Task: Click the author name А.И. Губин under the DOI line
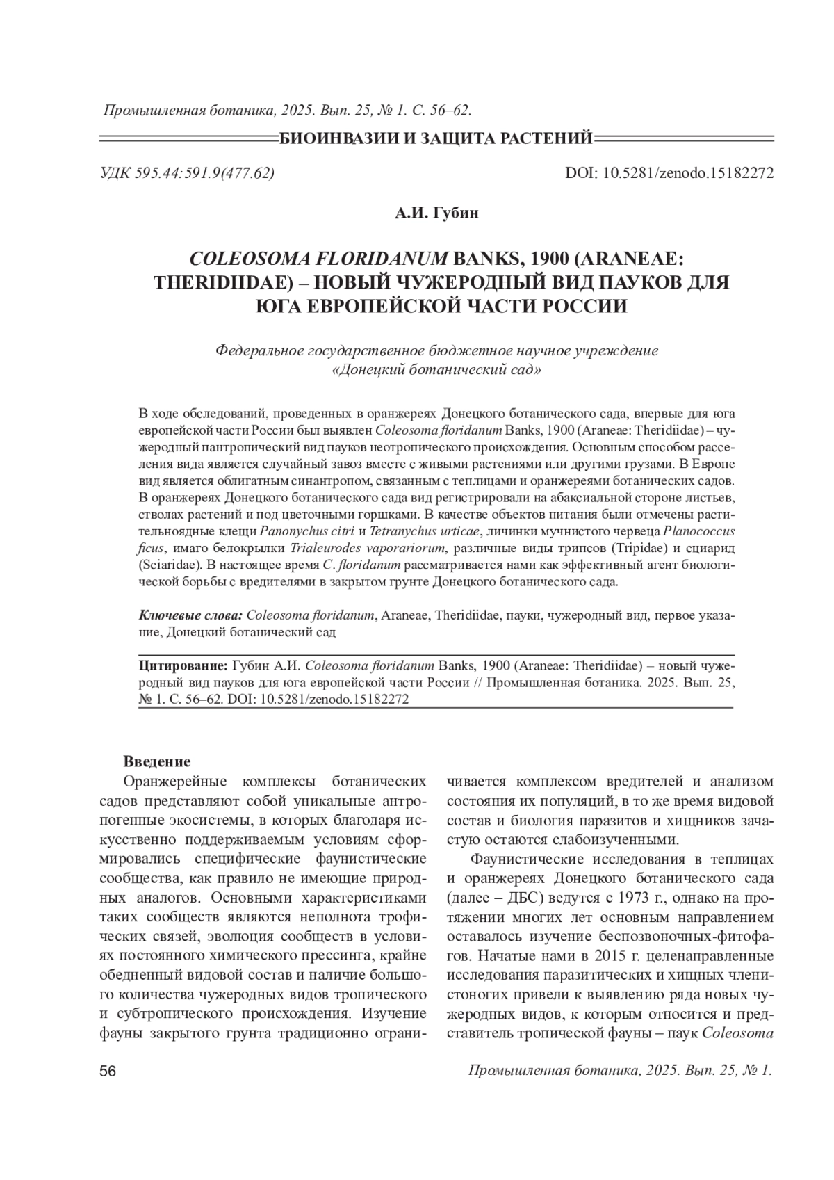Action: pyautogui.click(x=437, y=213)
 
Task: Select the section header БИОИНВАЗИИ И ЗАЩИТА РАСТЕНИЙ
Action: pyautogui.click(x=436, y=138)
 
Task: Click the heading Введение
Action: pyautogui.click(x=157, y=762)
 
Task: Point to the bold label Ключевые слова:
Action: pyautogui.click(x=190, y=616)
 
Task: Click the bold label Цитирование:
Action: pyautogui.click(x=183, y=665)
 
